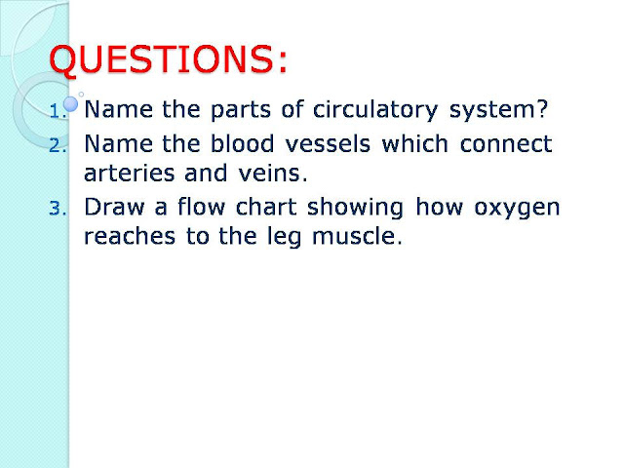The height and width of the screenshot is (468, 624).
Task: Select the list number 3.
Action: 56,209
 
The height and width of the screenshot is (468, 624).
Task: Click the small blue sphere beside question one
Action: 70,101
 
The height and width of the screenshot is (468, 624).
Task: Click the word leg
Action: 302,238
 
